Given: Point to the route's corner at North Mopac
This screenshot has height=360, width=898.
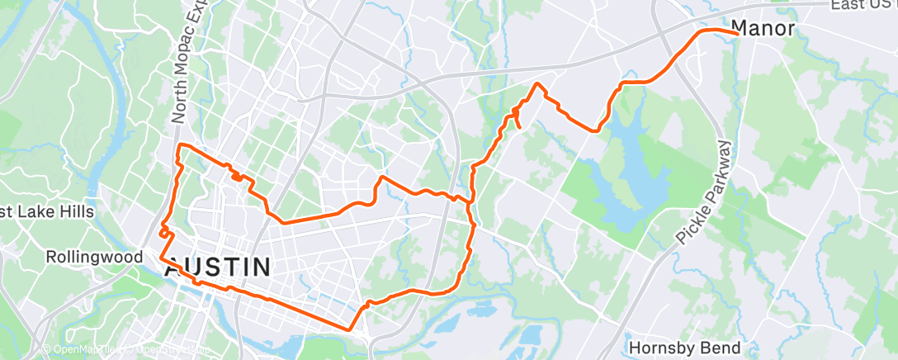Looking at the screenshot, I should (x=181, y=146).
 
